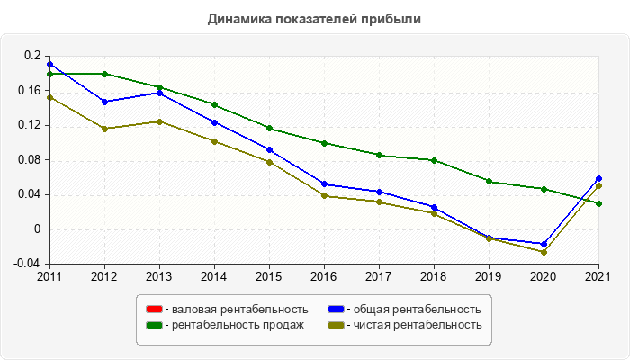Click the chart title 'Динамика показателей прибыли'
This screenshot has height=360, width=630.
tap(314, 18)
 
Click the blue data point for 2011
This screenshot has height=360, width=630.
tap(49, 64)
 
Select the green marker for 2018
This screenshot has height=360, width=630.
tap(434, 160)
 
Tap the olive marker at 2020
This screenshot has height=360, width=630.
tap(544, 252)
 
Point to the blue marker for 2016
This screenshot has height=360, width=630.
tap(324, 184)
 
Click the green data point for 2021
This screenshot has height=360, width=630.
tap(598, 203)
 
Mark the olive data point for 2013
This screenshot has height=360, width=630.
tap(159, 121)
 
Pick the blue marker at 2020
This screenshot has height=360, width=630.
tap(544, 244)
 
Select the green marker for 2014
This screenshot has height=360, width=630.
tap(214, 104)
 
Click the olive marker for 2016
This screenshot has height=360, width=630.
tap(324, 196)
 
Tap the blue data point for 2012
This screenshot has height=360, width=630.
tap(104, 102)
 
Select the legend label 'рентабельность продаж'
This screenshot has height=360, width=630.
tap(238, 325)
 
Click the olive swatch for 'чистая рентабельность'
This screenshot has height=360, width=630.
tap(336, 325)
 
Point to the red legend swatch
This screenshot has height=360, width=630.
tap(153, 310)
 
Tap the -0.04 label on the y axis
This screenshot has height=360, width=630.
tap(29, 264)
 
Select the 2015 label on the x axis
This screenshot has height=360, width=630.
tap(269, 275)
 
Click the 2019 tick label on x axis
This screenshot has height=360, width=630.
tap(489, 275)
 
